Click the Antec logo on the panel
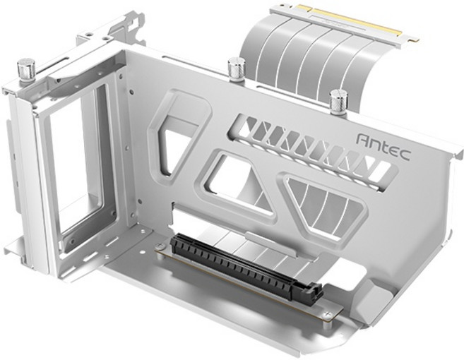[383, 147]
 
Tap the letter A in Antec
[363, 140]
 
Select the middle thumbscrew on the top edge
[237, 68]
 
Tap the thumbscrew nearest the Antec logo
[339, 101]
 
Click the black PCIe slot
[239, 267]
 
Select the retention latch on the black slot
[313, 291]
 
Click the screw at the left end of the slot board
[162, 248]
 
